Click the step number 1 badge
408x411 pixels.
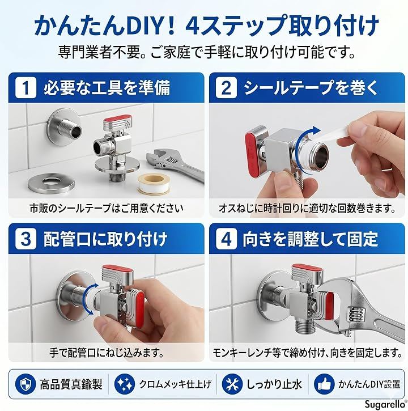point(25,88)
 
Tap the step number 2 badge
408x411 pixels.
point(227,88)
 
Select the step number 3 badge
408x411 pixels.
point(25,239)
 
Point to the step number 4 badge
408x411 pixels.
point(227,239)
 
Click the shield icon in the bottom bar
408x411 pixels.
point(25,384)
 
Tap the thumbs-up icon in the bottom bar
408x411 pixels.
point(324,384)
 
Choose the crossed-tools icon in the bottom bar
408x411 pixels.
point(232,384)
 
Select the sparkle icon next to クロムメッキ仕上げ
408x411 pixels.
point(125,384)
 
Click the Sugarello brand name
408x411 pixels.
point(385,404)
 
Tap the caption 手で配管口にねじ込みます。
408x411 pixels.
point(107,353)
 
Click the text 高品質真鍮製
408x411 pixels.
point(71,384)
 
